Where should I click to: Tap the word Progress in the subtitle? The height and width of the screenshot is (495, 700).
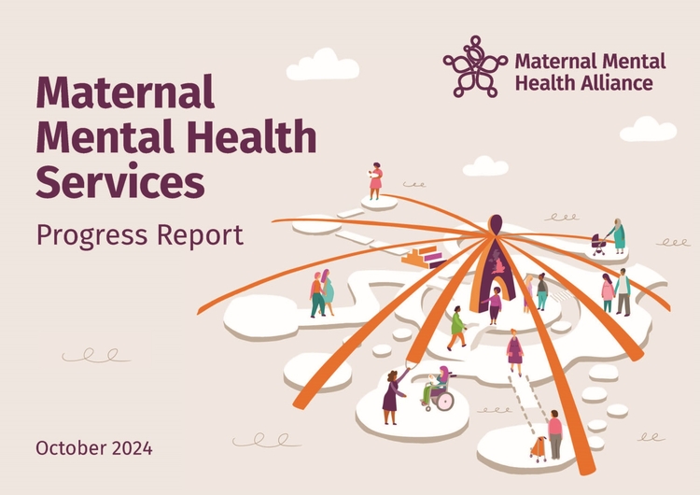(x=92, y=235)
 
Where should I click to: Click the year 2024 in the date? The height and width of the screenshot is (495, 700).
(x=133, y=448)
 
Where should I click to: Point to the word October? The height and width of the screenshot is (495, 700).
(x=72, y=448)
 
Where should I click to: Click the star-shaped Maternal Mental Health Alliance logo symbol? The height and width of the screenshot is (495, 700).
(x=475, y=66)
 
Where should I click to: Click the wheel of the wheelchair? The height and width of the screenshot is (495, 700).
(x=445, y=401)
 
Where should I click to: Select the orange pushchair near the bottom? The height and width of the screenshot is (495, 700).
(x=539, y=449)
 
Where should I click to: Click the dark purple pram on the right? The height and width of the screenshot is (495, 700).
(x=598, y=244)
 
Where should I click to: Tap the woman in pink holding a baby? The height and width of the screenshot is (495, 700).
(x=375, y=181)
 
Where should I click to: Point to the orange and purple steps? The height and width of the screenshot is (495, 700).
(x=423, y=257)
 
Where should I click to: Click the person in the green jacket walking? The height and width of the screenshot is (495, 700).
(x=457, y=328)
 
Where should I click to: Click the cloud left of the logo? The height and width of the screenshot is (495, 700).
(x=322, y=65)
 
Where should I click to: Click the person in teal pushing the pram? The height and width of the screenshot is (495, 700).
(x=618, y=236)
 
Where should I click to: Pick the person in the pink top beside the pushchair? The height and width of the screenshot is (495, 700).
(x=555, y=434)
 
